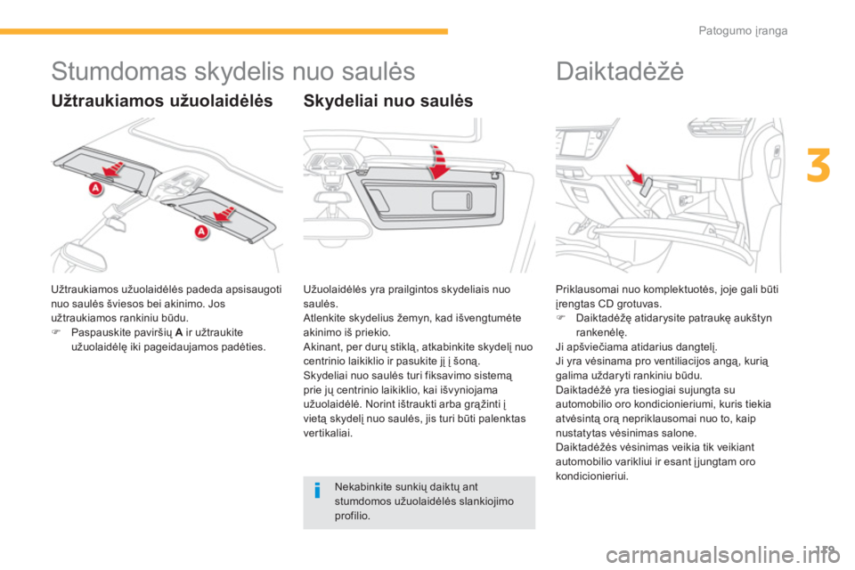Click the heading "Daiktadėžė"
pyautogui.click(x=620, y=71)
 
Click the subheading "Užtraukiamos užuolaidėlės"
pyautogui.click(x=162, y=101)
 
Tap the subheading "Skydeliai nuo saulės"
pyautogui.click(x=387, y=101)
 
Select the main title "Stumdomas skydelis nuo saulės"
pyautogui.click(x=232, y=71)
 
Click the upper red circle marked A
pyautogui.click(x=96, y=189)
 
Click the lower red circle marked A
pyautogui.click(x=202, y=232)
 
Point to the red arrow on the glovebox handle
pyautogui.click(x=635, y=175)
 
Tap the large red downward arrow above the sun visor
pyautogui.click(x=437, y=162)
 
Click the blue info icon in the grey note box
pyautogui.click(x=317, y=491)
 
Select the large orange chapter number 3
pyautogui.click(x=818, y=166)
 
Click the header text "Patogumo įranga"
pyautogui.click(x=743, y=31)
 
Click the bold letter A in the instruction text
pyautogui.click(x=179, y=333)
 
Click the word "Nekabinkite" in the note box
pyautogui.click(x=361, y=486)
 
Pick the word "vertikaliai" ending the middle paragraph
pyautogui.click(x=327, y=433)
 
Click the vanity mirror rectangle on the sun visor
pyautogui.click(x=452, y=200)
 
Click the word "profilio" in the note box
pyautogui.click(x=351, y=516)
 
